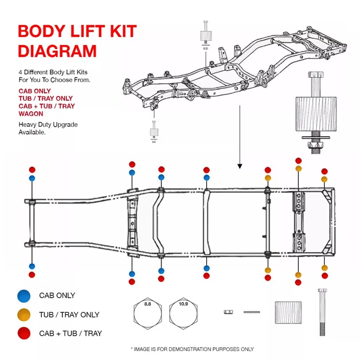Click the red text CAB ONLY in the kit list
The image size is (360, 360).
click(35, 91)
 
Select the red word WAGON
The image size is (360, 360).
click(31, 113)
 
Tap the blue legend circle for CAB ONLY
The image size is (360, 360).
click(24, 295)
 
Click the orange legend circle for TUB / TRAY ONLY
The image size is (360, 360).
click(24, 314)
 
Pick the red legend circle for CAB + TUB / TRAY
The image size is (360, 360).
click(24, 333)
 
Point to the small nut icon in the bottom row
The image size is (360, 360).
click(228, 311)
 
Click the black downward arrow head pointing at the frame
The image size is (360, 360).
click(240, 166)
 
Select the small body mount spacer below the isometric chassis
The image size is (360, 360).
click(153, 133)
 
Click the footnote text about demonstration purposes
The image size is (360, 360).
click(192, 349)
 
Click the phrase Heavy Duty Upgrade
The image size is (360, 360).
click(48, 124)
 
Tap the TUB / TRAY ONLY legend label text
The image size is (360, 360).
click(69, 314)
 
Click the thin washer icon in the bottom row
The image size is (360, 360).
click(251, 311)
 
